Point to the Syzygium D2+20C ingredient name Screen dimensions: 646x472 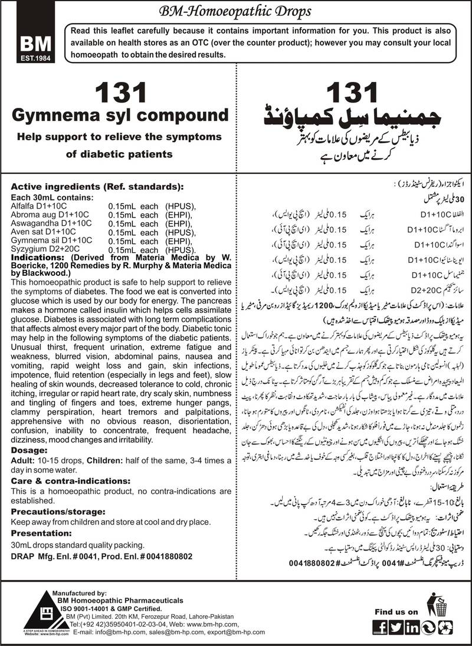(42, 251)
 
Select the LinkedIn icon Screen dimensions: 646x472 (412, 627)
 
